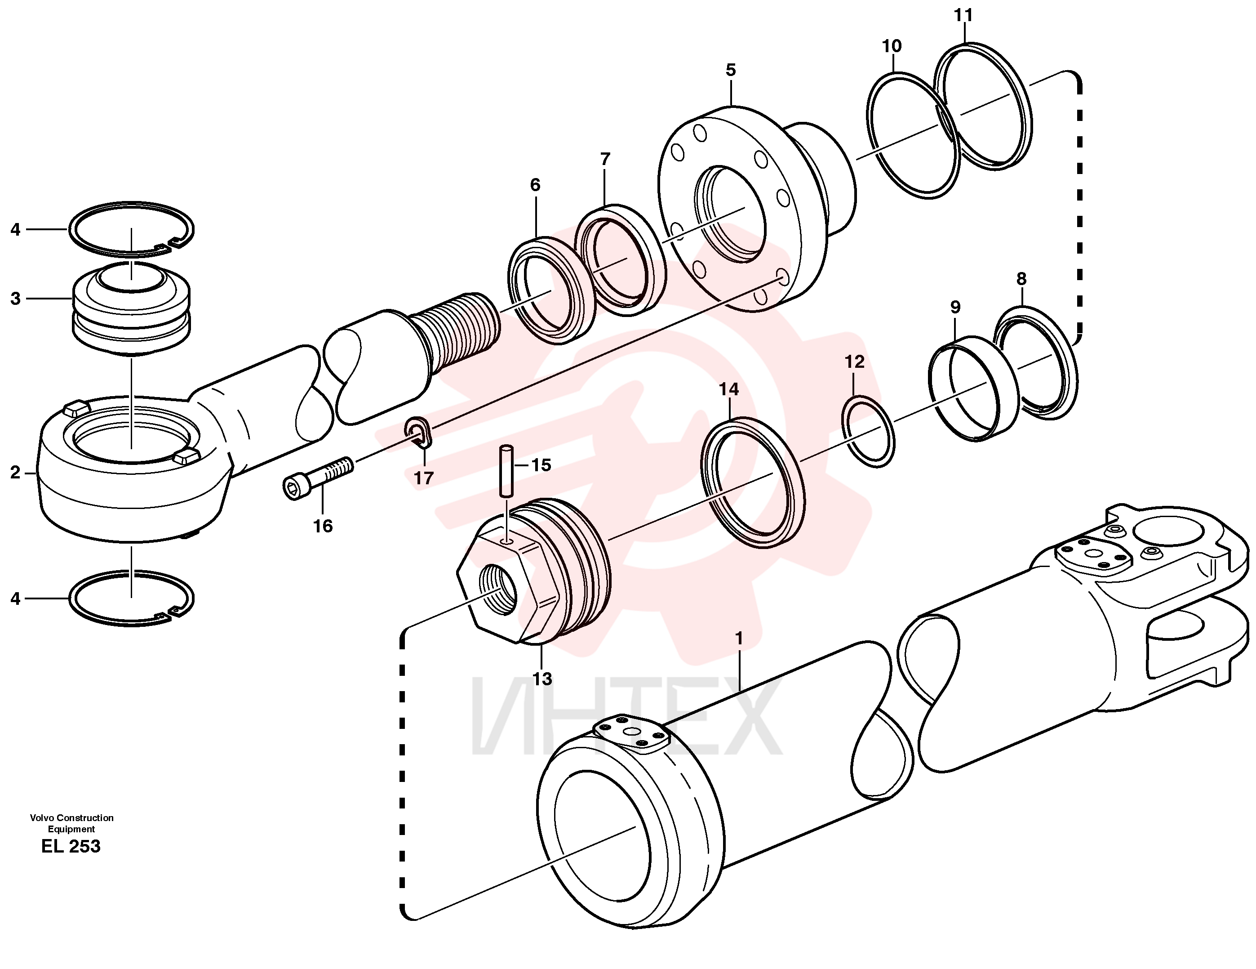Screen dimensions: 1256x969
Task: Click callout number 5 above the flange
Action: click(730, 70)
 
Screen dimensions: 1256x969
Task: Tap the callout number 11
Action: click(963, 16)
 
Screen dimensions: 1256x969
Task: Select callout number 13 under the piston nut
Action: click(542, 679)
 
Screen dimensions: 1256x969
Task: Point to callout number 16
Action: click(323, 526)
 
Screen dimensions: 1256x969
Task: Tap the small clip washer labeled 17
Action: click(419, 432)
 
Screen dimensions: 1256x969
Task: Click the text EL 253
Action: click(71, 846)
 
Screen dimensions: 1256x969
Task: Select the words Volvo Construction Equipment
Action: click(72, 823)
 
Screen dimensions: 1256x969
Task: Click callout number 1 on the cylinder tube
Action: click(739, 639)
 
